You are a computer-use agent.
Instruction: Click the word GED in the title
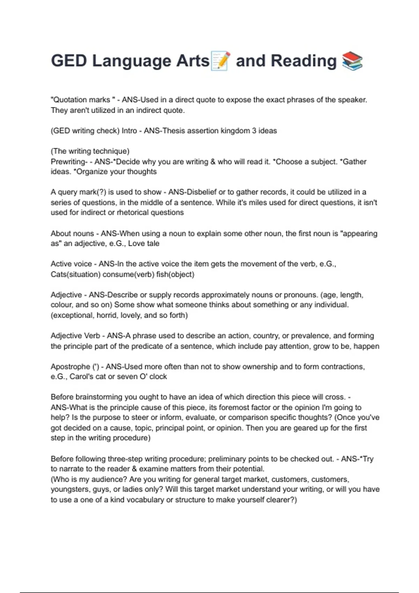pos(69,61)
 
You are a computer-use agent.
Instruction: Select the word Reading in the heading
pos(303,61)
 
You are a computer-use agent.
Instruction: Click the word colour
pos(61,305)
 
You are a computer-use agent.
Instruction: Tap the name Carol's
pos(81,377)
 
